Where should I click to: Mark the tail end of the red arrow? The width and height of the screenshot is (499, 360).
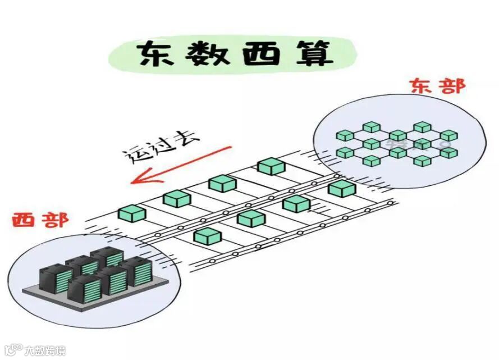tap(230, 147)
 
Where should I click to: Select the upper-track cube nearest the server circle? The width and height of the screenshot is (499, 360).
tap(132, 213)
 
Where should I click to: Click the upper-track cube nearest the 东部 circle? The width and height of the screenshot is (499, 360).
tap(272, 166)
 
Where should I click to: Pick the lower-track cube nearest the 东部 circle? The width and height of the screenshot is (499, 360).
tap(342, 188)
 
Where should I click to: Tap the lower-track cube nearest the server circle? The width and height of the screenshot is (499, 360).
tap(207, 236)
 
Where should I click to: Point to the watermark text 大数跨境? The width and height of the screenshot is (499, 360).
tap(45, 350)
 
